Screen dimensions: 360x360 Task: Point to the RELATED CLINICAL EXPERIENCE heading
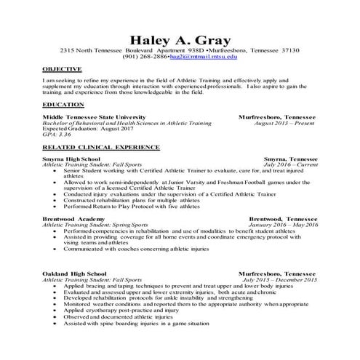pos(90,147)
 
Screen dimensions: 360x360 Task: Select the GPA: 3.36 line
pos(57,135)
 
